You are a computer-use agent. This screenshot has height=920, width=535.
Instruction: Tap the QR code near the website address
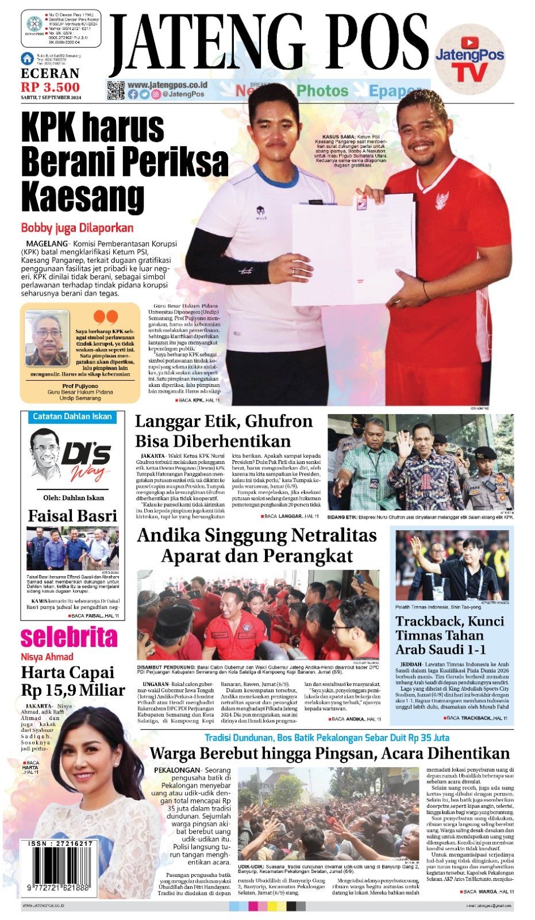coord(116,91)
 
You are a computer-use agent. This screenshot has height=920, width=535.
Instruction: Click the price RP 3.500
coord(51,87)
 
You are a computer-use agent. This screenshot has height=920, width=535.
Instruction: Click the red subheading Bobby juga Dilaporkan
coord(77,228)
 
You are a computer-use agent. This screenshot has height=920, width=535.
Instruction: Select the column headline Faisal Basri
coord(72,515)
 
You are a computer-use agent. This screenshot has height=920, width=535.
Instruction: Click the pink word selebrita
coord(69,638)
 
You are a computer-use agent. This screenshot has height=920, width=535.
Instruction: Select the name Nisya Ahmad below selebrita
coord(47,657)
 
